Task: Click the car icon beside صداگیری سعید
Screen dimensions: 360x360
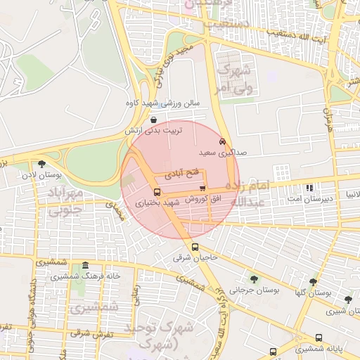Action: click(223, 141)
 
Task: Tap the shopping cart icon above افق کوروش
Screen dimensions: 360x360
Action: click(202, 188)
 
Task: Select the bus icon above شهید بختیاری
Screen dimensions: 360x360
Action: click(156, 191)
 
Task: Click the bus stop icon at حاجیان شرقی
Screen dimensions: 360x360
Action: click(195, 247)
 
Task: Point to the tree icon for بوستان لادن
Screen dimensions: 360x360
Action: click(41, 163)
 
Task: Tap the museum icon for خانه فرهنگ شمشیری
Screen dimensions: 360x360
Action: click(86, 266)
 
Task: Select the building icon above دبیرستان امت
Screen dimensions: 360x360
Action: click(310, 188)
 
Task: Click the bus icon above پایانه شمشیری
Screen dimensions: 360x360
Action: click(319, 337)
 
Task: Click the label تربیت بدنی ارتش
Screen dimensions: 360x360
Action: click(153, 131)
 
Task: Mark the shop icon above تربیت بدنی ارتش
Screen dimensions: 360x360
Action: click(153, 120)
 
